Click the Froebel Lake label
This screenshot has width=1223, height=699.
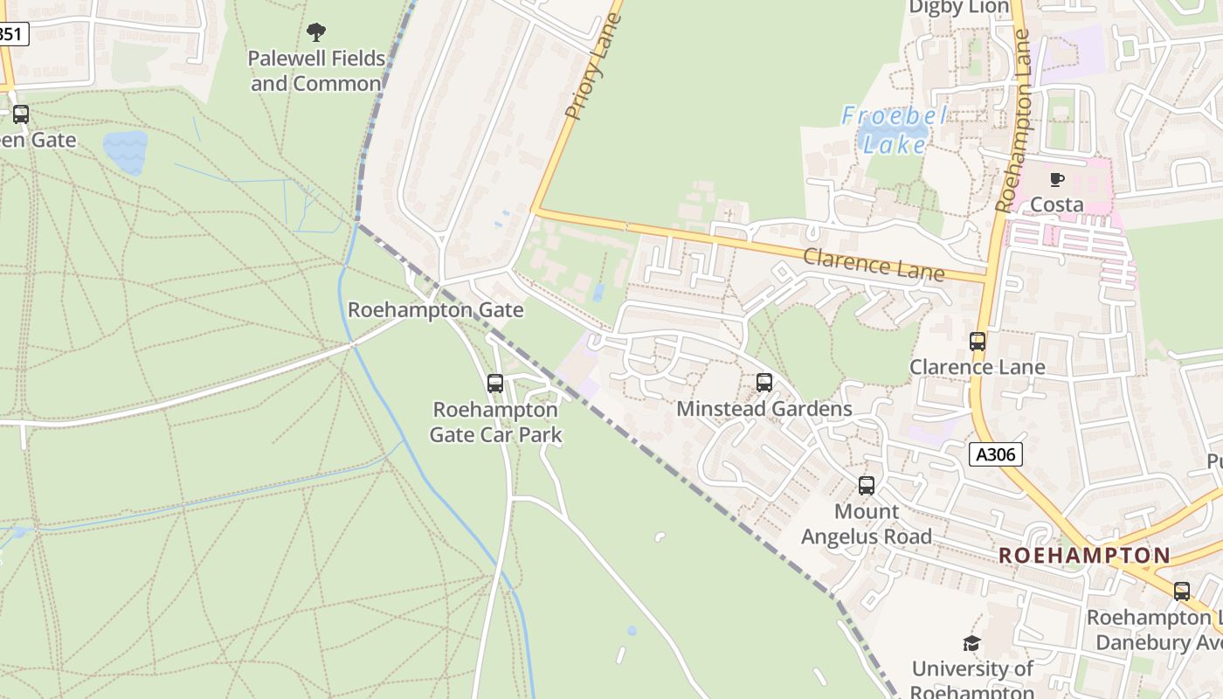click(895, 128)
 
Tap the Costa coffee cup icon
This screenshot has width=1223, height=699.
click(1057, 180)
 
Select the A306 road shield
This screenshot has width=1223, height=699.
click(996, 454)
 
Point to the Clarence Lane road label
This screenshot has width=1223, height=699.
click(874, 264)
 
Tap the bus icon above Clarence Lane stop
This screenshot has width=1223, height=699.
click(978, 342)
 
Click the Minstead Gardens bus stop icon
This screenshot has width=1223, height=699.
click(764, 383)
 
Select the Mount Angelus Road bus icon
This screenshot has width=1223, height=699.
click(867, 486)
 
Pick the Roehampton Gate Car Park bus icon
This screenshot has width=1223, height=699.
click(495, 383)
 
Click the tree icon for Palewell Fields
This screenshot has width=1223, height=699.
click(316, 33)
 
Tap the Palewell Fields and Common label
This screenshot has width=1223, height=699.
click(317, 71)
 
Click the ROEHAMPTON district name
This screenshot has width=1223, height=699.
click(1084, 556)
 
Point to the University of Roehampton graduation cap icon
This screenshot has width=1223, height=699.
click(971, 644)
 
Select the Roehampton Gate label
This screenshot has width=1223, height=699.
click(436, 310)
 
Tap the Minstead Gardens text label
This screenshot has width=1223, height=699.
click(764, 409)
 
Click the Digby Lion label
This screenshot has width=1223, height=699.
click(959, 8)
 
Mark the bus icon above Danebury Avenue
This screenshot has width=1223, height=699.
click(1182, 592)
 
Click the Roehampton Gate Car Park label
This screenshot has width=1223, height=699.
click(495, 422)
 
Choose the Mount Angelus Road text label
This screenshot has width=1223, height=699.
click(867, 524)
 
